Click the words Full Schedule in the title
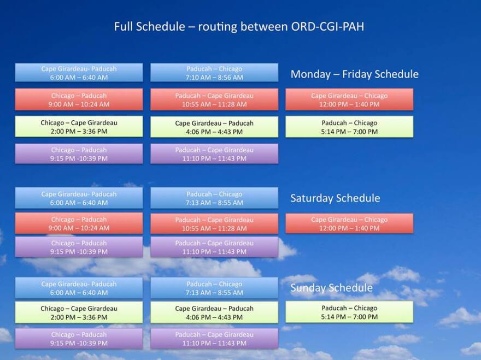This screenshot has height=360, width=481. (149, 26)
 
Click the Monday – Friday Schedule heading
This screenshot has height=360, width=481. (355, 74)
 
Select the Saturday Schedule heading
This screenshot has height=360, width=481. (335, 198)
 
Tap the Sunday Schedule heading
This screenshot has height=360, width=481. (332, 288)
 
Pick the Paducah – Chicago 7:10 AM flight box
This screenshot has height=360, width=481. (214, 73)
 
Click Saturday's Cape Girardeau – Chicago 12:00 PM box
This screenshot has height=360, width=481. (349, 223)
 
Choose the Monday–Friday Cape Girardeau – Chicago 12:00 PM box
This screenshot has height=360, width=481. (349, 99)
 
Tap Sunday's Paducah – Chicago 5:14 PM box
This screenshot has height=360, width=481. (349, 312)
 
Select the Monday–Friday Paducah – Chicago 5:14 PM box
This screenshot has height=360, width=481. (349, 127)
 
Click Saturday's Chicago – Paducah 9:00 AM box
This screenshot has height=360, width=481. (79, 223)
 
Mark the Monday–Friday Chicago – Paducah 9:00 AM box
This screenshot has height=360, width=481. (79, 99)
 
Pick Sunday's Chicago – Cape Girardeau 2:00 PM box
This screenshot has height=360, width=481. (79, 312)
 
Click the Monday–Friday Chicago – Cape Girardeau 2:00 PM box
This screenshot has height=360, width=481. (79, 126)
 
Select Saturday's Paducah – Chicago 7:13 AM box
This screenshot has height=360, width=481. (214, 198)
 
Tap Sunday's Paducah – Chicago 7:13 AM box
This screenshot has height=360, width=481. (214, 288)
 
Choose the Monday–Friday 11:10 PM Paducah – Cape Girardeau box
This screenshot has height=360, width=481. (214, 154)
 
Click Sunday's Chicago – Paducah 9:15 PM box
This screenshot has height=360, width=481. (79, 339)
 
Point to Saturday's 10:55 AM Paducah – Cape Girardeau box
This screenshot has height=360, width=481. (214, 224)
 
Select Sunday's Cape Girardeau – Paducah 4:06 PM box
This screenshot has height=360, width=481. (214, 312)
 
